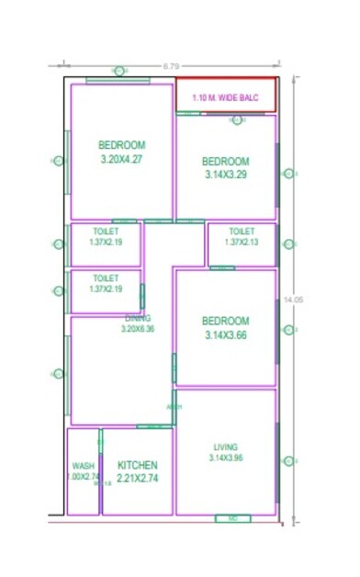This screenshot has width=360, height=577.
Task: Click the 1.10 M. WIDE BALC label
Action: [226, 96]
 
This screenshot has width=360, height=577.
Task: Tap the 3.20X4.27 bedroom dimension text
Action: [122, 159]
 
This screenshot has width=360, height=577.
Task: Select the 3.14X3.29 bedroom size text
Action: [226, 175]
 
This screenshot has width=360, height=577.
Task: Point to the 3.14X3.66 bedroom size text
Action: [226, 334]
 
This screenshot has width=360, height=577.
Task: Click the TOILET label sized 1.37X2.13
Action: [242, 232]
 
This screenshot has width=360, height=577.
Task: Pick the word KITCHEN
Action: [137, 466]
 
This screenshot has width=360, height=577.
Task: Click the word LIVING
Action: [225, 447]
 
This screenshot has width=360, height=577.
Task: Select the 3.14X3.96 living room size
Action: [225, 458]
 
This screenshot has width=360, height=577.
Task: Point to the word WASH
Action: [83, 466]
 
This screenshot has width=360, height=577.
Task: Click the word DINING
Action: [138, 318]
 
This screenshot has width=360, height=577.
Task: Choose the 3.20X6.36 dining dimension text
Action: [139, 328]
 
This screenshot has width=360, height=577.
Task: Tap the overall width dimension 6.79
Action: [171, 66]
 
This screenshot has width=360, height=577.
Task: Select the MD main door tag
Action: [232, 518]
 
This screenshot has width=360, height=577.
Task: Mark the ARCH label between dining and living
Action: [174, 406]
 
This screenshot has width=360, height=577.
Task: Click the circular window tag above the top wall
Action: [118, 71]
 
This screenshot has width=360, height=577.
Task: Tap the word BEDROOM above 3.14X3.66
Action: [226, 321]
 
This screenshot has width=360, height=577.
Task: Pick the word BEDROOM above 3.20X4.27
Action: [122, 145]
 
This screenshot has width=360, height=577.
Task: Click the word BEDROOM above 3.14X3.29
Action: [226, 161]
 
